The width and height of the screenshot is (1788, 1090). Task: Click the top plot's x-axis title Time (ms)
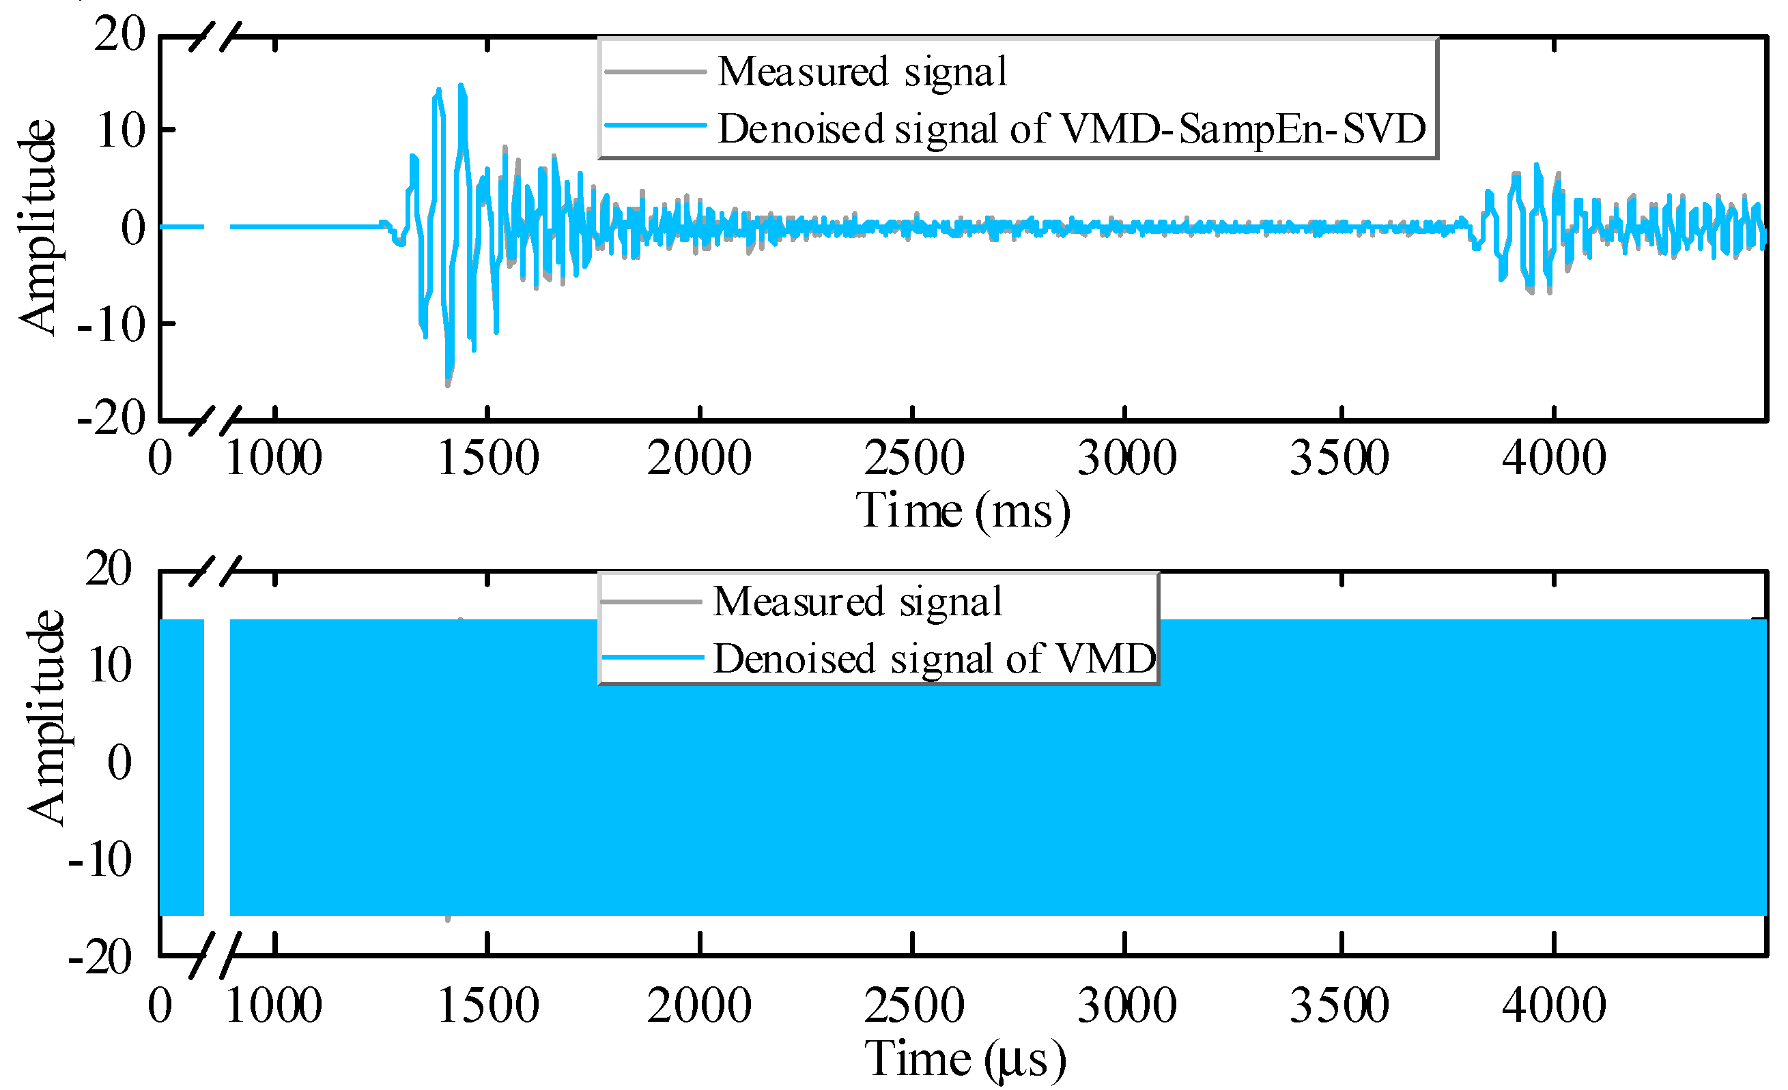point(963,512)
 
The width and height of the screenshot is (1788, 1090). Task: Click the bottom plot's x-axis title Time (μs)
point(965,1059)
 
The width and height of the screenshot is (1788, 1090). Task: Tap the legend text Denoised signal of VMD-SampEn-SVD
point(1071,129)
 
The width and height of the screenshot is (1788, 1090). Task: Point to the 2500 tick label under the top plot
point(913,458)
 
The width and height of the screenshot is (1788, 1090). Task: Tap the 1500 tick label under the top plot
point(488,458)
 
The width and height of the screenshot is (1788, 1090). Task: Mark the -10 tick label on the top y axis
point(111,324)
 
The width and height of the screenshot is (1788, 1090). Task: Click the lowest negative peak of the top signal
point(448,384)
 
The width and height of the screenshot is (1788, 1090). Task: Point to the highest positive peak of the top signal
point(461,85)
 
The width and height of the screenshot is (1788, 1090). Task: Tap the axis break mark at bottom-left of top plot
point(215,421)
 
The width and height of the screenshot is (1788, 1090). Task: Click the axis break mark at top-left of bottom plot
point(215,572)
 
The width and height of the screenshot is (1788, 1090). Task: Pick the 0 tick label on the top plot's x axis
point(160,458)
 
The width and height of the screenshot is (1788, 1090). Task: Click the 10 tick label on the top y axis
point(119,131)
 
